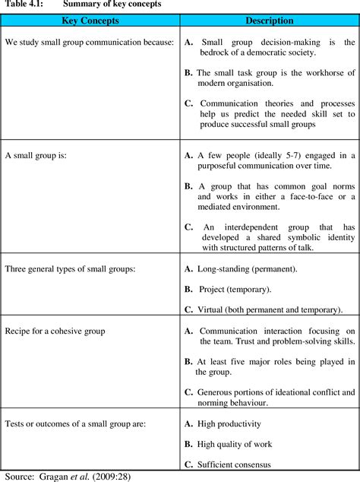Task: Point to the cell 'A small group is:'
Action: pyautogui.click(x=36, y=155)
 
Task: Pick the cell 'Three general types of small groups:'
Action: pyautogui.click(x=71, y=269)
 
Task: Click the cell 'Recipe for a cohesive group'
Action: pyautogui.click(x=55, y=331)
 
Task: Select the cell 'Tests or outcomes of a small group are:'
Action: pyautogui.click(x=76, y=423)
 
